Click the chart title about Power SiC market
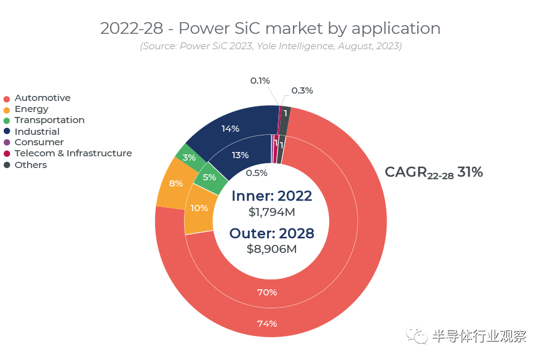pyautogui.click(x=270, y=28)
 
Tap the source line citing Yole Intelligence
pyautogui.click(x=270, y=46)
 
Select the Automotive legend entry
pyautogui.click(x=42, y=98)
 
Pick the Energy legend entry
pyautogui.click(x=31, y=109)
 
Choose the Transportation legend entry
pyautogui.click(x=49, y=120)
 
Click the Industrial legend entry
pyautogui.click(x=37, y=131)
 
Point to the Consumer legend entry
pyautogui.click(x=39, y=142)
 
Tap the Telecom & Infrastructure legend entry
pyautogui.click(x=73, y=153)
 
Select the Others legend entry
pyautogui.click(x=31, y=165)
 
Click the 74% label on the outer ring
pyautogui.click(x=266, y=324)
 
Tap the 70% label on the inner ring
pyautogui.click(x=266, y=292)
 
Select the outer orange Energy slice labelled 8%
pyautogui.click(x=175, y=183)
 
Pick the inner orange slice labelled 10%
pyautogui.click(x=199, y=208)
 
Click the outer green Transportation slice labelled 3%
pyautogui.click(x=189, y=158)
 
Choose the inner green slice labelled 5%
pyautogui.click(x=209, y=178)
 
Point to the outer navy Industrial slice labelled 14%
pyautogui.click(x=230, y=129)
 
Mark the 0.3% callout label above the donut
pyautogui.click(x=302, y=90)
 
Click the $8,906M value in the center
pyautogui.click(x=271, y=249)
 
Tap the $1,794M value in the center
pyautogui.click(x=271, y=212)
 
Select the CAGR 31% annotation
pyautogui.click(x=433, y=173)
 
